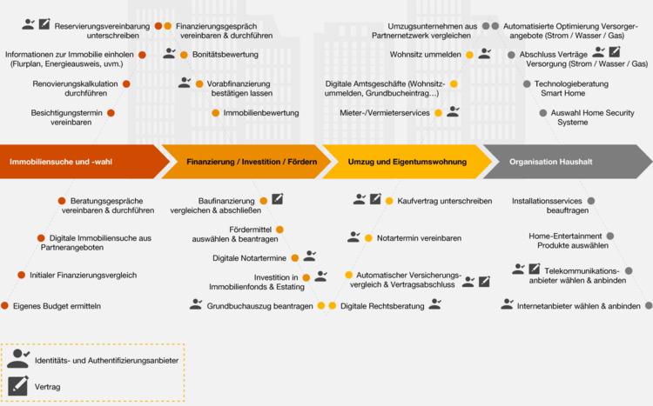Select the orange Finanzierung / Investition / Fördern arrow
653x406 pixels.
[246, 162]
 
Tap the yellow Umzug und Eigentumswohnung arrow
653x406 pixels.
[407, 162]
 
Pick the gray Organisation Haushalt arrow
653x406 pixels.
[568, 162]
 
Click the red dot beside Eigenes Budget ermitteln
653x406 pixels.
[5, 306]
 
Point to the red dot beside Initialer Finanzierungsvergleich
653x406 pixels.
[22, 275]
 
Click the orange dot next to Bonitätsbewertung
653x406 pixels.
[184, 55]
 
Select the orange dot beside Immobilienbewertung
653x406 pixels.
[216, 113]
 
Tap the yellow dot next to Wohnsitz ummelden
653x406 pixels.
[470, 55]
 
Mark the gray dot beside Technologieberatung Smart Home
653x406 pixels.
[527, 84]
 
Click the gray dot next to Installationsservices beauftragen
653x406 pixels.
[591, 201]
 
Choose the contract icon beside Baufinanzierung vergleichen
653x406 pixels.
[278, 199]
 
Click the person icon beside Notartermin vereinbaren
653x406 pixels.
[353, 237]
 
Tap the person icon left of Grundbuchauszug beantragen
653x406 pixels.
[196, 304]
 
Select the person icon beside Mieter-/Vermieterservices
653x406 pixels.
[453, 111]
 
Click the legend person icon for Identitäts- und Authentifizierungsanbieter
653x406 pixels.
[18, 358]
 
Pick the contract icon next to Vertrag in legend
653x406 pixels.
[18, 386]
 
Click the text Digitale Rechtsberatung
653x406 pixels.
[382, 306]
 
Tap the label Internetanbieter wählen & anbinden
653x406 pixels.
[579, 306]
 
